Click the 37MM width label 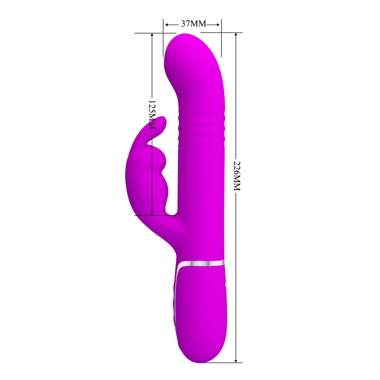coord(194,24)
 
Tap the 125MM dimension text coord(152,114)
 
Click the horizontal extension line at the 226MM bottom coord(224,363)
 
